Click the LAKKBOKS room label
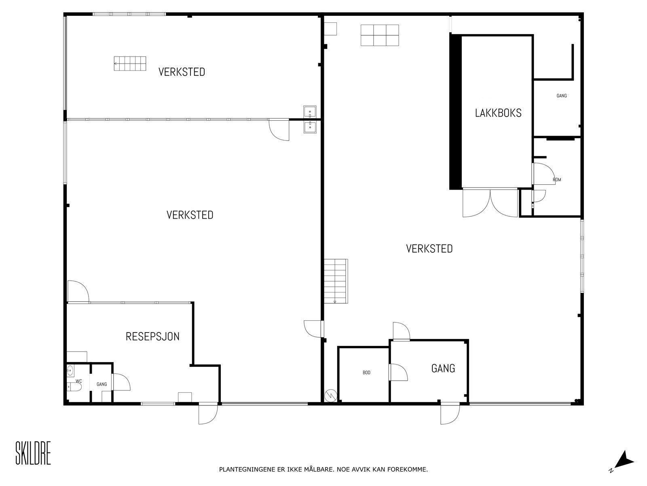coord(498,113)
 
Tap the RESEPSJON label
coord(152,337)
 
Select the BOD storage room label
coord(366,373)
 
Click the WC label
coord(79,381)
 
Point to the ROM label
coord(557,179)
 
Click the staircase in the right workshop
coord(336,281)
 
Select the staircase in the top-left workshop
coord(130,64)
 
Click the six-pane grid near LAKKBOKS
coord(380,35)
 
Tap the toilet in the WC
coord(74,387)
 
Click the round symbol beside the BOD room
coord(330,396)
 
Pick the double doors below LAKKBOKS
coord(490,203)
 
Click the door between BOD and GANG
coord(398,372)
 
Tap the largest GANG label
coord(443,368)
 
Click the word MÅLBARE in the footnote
coord(317,469)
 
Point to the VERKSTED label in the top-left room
coord(182,72)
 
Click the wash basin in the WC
coord(70,370)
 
